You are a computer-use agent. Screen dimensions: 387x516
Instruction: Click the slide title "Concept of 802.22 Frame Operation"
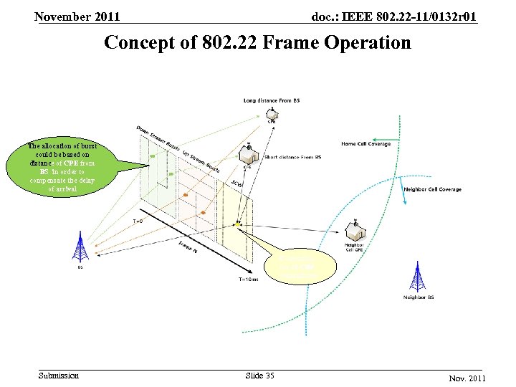pos(258,43)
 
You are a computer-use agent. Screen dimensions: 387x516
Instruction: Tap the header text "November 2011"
pos(77,16)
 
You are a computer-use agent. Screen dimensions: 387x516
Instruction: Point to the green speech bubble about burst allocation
pos(62,167)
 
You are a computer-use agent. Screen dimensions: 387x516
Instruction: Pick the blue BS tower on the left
pos(80,248)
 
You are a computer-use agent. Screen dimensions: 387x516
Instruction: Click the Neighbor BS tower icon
pos(419,277)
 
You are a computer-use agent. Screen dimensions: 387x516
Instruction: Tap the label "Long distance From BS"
pos(272,100)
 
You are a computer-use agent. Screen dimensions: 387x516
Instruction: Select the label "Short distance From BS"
pos(292,157)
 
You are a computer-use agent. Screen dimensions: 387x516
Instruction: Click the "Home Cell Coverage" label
pos(365,143)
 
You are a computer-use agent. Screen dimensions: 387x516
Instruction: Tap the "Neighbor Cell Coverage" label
pos(433,190)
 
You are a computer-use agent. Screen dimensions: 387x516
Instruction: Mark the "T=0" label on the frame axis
pos(138,221)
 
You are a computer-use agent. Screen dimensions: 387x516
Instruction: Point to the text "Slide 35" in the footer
pos(259,376)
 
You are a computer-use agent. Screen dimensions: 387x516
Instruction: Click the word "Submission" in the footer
pos(59,376)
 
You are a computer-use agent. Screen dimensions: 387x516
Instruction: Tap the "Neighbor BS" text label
pos(419,297)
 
